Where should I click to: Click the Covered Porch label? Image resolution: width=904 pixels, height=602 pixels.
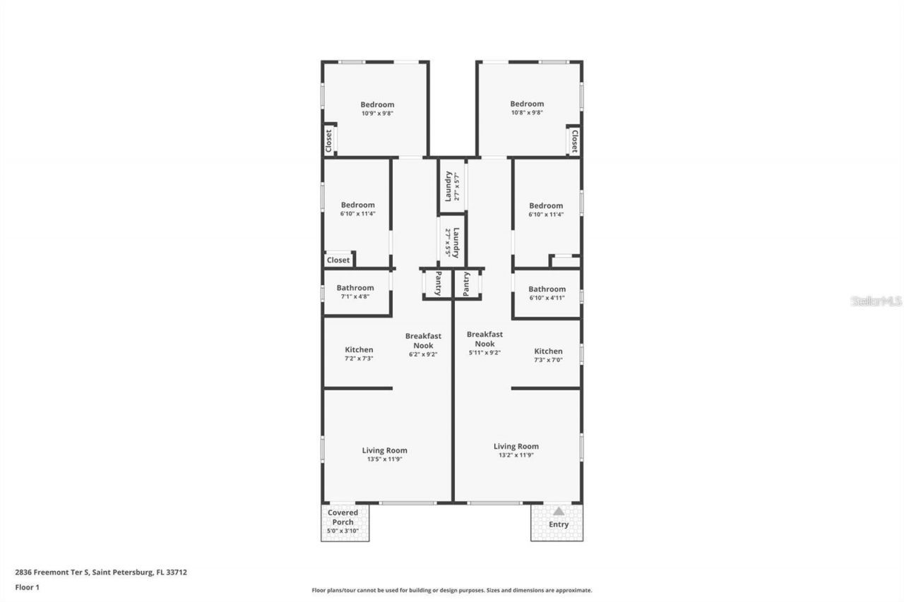pyautogui.click(x=345, y=517)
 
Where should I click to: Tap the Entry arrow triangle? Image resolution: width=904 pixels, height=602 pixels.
pyautogui.click(x=559, y=511)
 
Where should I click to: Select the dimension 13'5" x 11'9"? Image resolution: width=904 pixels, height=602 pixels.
pyautogui.click(x=384, y=459)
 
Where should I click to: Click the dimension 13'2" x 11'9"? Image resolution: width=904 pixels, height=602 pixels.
pyautogui.click(x=516, y=455)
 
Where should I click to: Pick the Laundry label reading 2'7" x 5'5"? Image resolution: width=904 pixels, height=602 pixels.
pyautogui.click(x=452, y=242)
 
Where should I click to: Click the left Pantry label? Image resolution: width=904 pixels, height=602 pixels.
pyautogui.click(x=439, y=283)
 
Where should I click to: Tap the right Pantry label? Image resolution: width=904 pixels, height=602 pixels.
pyautogui.click(x=467, y=284)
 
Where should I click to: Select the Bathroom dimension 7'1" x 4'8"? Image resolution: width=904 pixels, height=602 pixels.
pyautogui.click(x=355, y=296)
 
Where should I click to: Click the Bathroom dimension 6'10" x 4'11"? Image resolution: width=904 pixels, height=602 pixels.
pyautogui.click(x=547, y=298)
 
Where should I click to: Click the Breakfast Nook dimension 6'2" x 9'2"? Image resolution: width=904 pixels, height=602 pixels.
pyautogui.click(x=423, y=354)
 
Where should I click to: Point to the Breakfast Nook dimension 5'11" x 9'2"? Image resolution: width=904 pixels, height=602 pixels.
pyautogui.click(x=484, y=353)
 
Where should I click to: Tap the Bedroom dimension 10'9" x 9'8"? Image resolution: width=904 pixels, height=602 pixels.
pyautogui.click(x=377, y=113)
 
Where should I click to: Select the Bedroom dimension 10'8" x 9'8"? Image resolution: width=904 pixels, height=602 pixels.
pyautogui.click(x=527, y=112)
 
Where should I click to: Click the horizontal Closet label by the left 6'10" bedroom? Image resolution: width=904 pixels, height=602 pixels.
pyautogui.click(x=338, y=260)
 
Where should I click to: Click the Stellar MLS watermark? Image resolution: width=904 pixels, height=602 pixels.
pyautogui.click(x=876, y=301)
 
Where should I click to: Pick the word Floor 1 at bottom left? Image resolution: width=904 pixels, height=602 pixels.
pyautogui.click(x=27, y=587)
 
